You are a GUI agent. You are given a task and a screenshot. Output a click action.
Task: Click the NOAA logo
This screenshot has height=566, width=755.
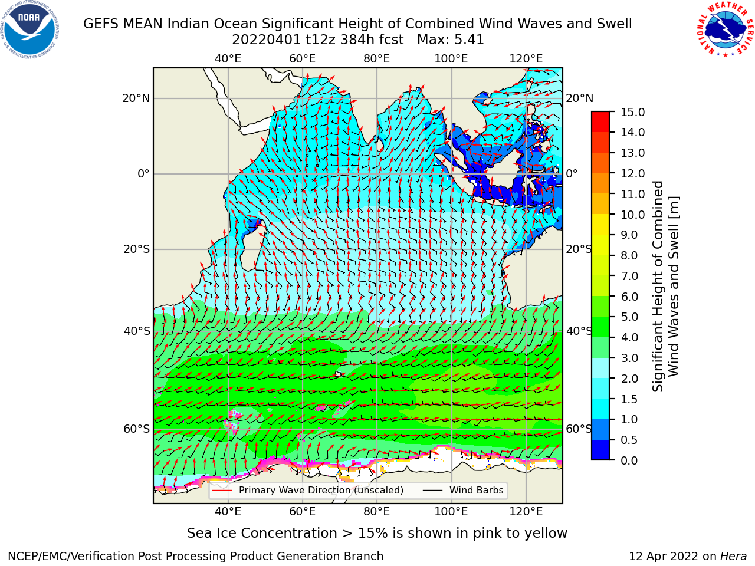(x=30, y=29)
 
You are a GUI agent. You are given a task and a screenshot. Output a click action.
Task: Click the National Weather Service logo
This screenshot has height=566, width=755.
(x=725, y=29)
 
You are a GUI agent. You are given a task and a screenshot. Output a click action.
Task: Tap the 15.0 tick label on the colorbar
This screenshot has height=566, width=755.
(x=632, y=112)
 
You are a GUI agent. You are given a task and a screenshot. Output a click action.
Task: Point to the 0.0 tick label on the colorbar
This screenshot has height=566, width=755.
(x=629, y=460)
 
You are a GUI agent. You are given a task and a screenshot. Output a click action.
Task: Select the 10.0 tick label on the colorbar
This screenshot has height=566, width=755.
(x=632, y=215)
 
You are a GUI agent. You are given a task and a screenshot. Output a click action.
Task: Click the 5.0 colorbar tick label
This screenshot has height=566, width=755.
(x=629, y=317)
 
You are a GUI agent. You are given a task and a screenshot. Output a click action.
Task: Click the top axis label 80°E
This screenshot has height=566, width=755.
(x=377, y=59)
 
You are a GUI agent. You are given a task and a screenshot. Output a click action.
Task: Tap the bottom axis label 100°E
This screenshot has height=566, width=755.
(x=451, y=511)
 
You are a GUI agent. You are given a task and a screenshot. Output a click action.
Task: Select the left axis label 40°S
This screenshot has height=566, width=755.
(x=137, y=331)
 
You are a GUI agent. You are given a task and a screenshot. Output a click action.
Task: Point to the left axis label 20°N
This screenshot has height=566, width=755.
(x=136, y=98)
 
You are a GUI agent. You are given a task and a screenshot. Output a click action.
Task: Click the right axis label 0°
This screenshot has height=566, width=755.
(x=572, y=173)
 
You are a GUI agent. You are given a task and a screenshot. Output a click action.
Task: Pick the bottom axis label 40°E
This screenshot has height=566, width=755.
(x=228, y=511)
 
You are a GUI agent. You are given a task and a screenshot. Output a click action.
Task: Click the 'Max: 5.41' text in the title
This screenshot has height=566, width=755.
(x=450, y=40)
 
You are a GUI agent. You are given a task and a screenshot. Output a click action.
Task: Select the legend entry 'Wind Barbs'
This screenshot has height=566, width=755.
(x=476, y=490)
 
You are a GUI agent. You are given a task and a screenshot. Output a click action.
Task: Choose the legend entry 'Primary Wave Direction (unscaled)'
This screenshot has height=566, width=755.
(x=321, y=490)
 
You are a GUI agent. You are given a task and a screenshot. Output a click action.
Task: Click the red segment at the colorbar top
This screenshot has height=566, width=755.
(x=600, y=117)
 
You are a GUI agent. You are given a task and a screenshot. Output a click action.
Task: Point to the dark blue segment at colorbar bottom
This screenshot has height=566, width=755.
(x=600, y=450)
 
